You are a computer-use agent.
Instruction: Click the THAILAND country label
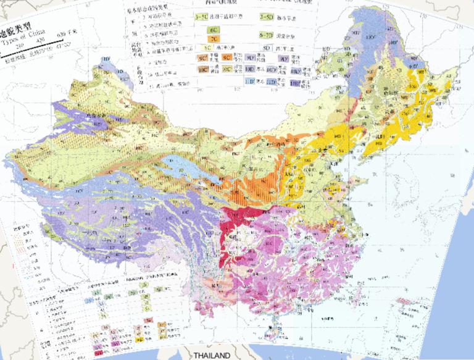point(212,355)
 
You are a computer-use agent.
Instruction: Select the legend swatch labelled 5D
point(267,48)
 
